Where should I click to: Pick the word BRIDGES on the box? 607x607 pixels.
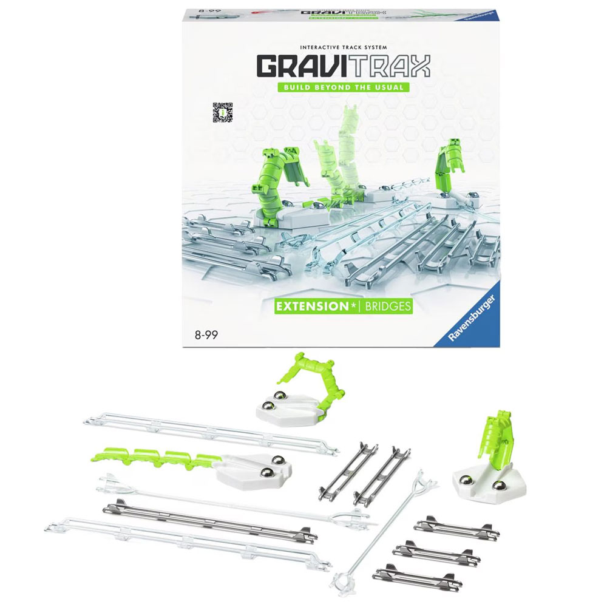387,307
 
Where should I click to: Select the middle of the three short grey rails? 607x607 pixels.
435,552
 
